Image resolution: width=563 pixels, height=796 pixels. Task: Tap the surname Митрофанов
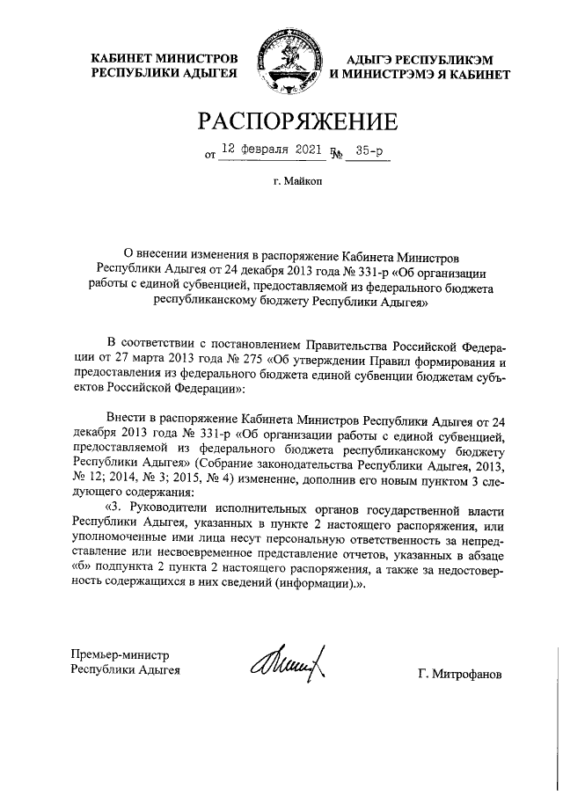pos(461,674)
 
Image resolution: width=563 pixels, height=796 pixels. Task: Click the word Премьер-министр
pos(119,654)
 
